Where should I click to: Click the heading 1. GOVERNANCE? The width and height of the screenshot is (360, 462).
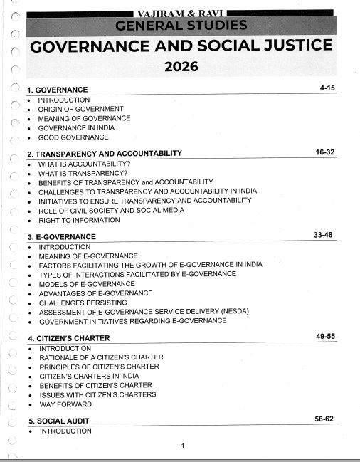pos(57,90)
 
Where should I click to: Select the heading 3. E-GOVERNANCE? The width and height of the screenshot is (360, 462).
pos(61,236)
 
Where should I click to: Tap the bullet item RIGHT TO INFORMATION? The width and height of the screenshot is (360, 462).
pos(79,220)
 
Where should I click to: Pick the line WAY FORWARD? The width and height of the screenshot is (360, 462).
pos(65,404)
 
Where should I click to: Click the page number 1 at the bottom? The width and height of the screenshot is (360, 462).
pos(183,446)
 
